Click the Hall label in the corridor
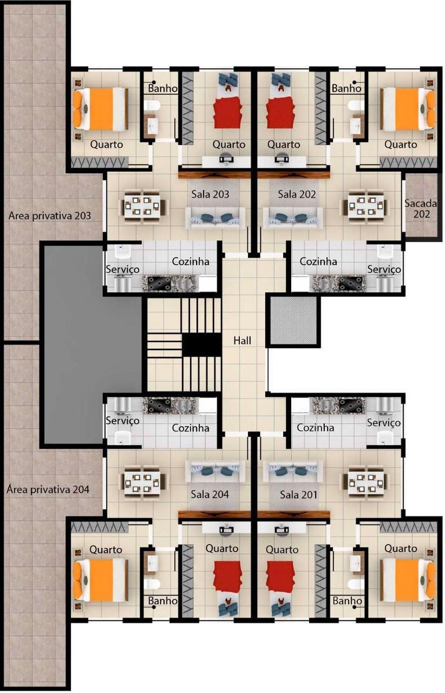pos(242,341)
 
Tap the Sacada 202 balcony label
pos(420,208)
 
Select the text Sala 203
pos(210,195)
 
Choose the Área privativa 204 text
pos(48,489)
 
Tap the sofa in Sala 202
pos(294,217)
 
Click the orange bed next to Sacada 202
pos(408,109)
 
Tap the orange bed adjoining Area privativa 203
pos(101,109)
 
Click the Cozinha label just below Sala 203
pos(190,262)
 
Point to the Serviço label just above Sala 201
pos(384,423)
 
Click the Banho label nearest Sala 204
pos(162,601)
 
